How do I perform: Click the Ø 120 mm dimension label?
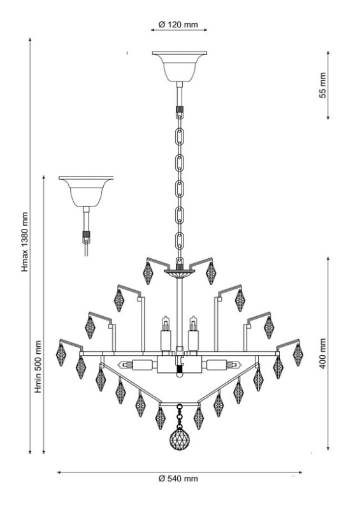pyautogui.click(x=178, y=24)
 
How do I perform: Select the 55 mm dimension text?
pyautogui.click(x=322, y=85)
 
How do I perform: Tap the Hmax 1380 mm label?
pyautogui.click(x=25, y=242)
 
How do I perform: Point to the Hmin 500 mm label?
pyautogui.click(x=38, y=367)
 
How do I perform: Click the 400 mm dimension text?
pyautogui.click(x=322, y=353)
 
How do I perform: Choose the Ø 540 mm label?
pyautogui.click(x=178, y=479)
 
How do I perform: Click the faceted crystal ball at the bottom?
pyautogui.click(x=179, y=439)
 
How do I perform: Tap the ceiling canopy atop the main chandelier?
pyautogui.click(x=180, y=66)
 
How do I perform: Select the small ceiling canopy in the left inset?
pyautogui.click(x=86, y=192)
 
